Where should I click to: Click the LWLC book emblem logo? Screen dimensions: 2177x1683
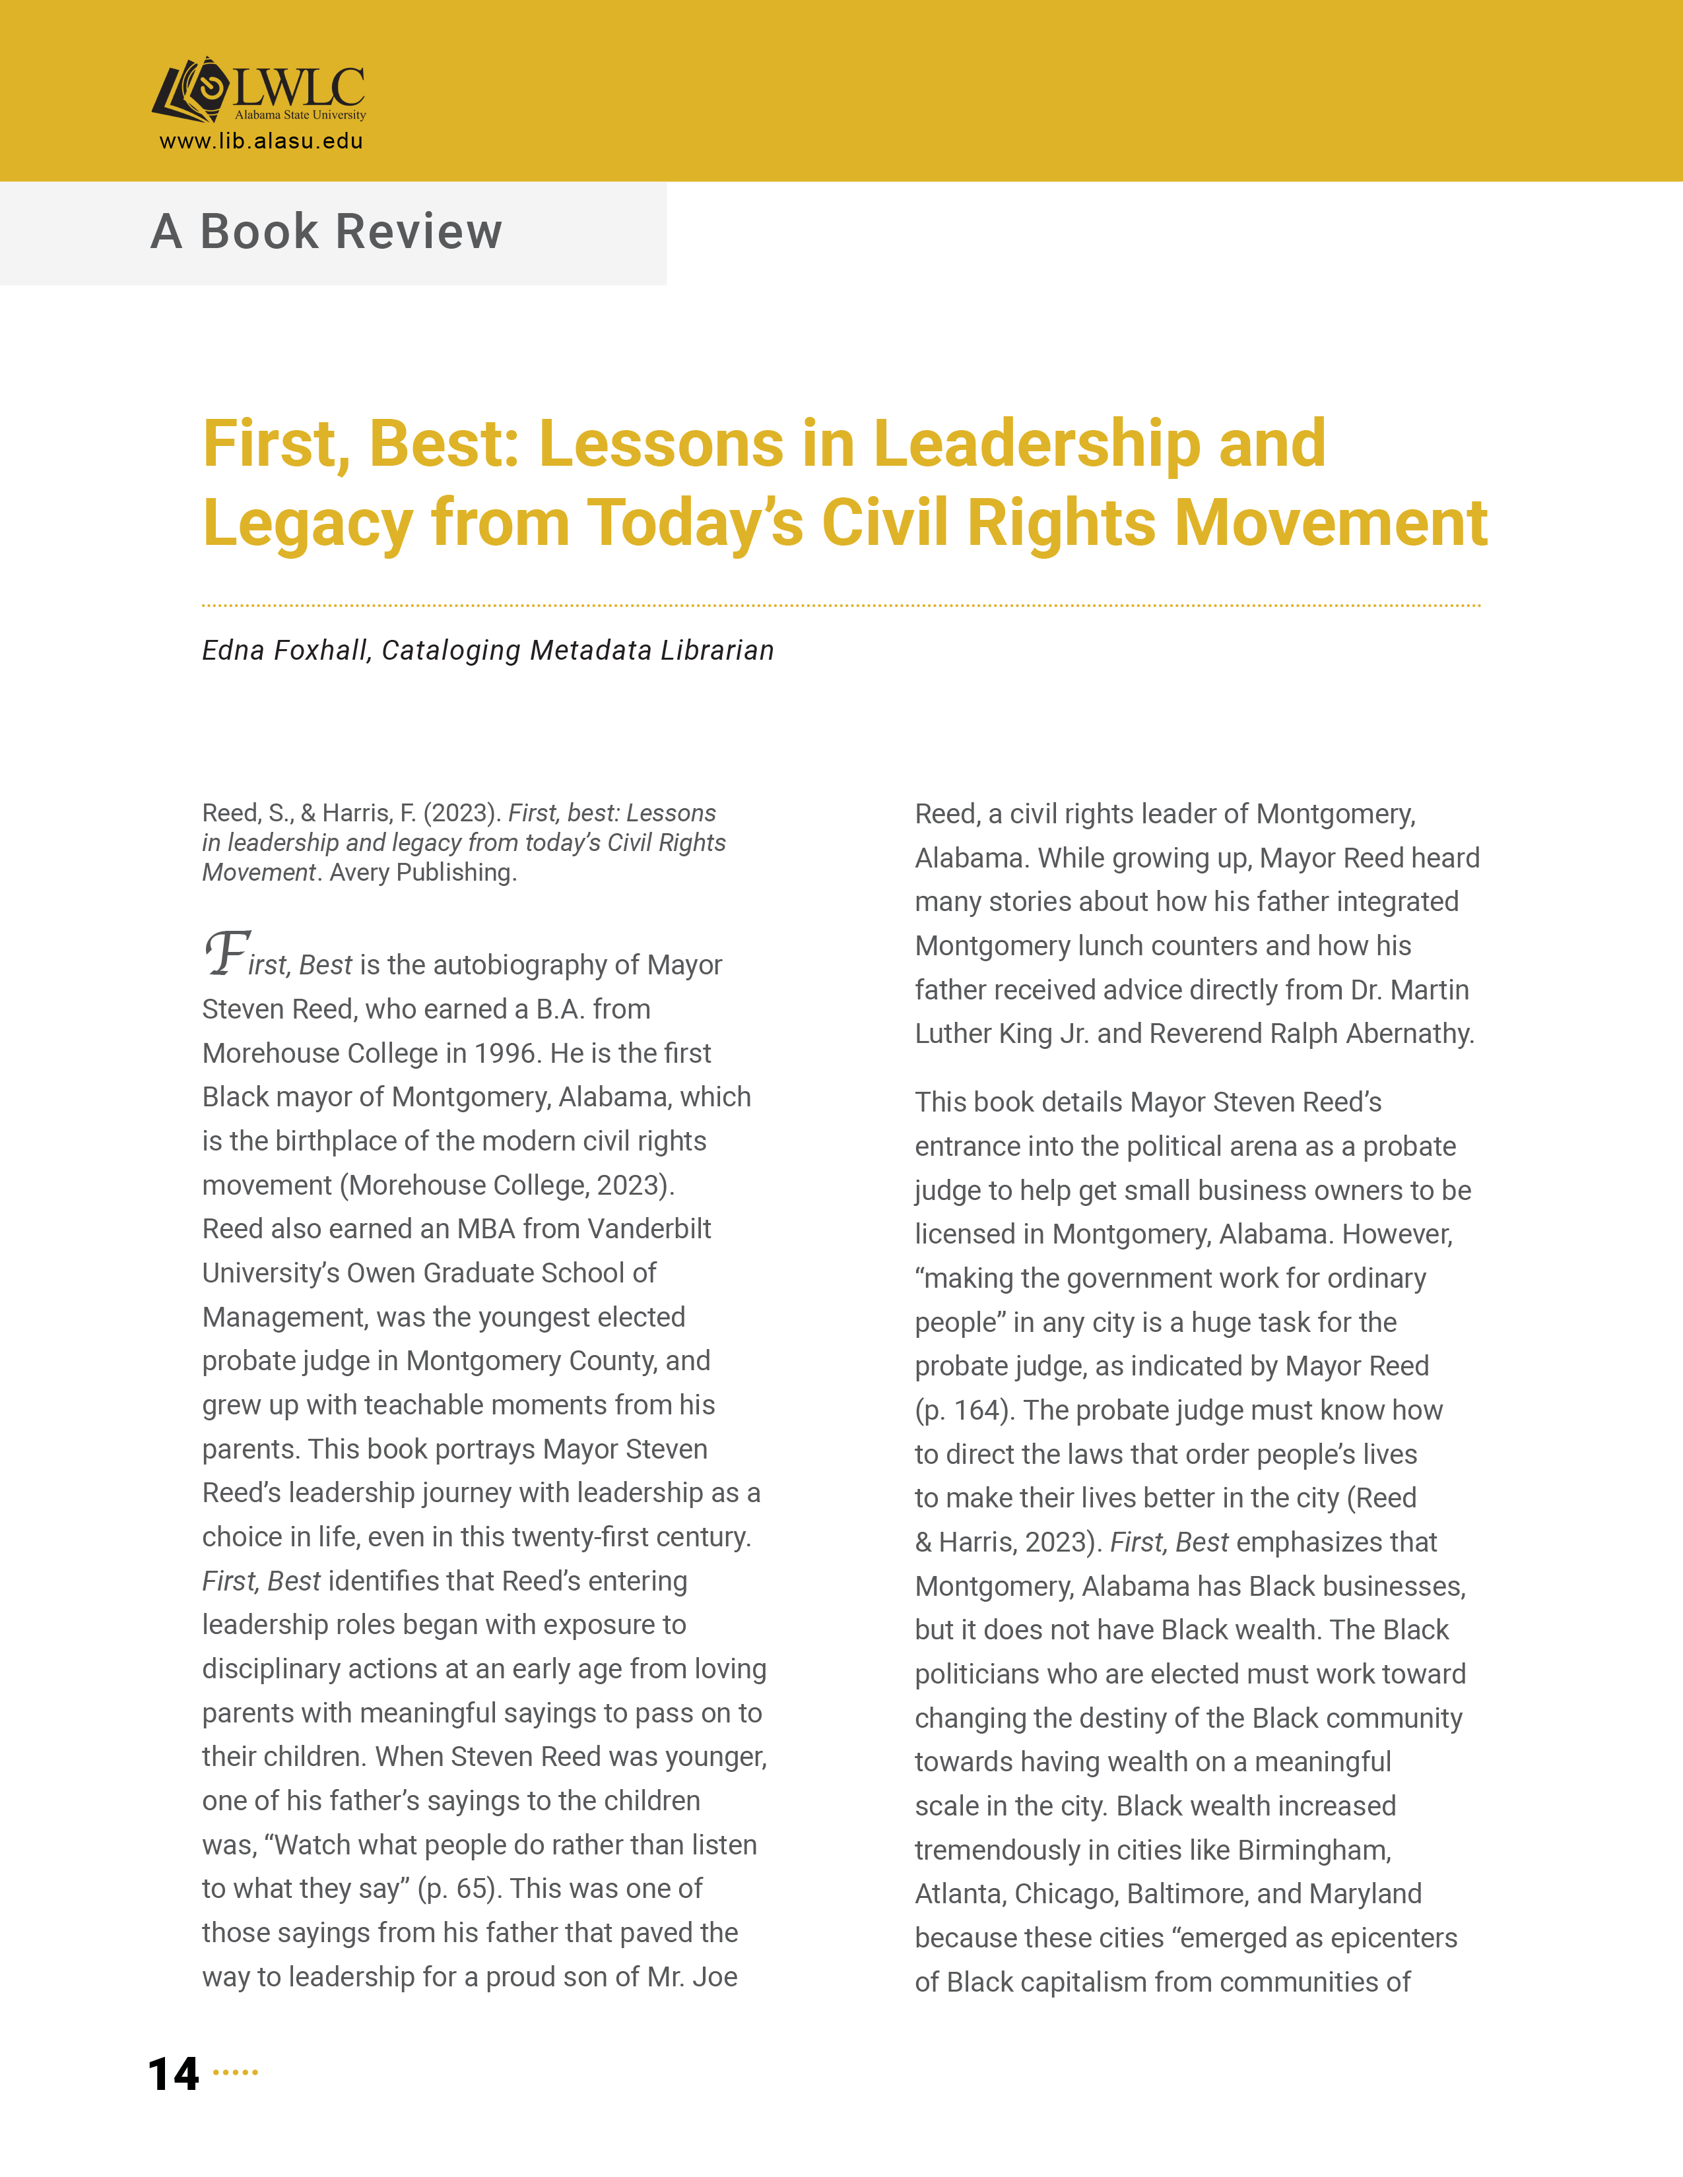191,91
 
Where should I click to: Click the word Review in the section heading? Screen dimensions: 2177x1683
418,232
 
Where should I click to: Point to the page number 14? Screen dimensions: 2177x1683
174,2074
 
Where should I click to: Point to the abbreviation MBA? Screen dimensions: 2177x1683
486,1229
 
